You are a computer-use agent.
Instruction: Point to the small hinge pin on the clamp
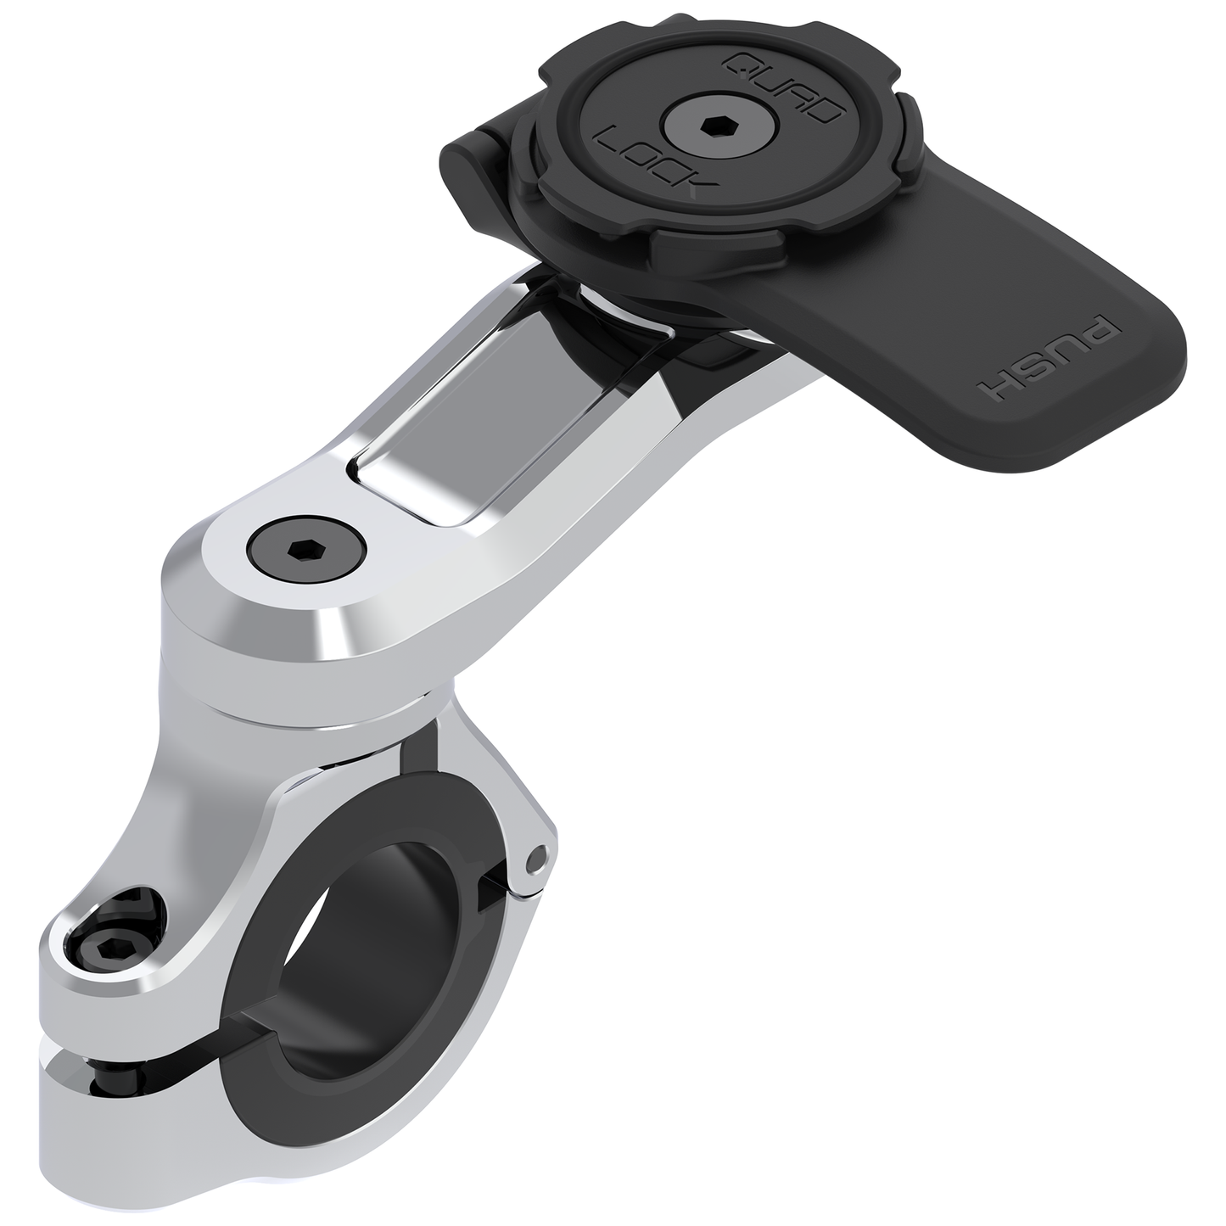coord(534,862)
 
